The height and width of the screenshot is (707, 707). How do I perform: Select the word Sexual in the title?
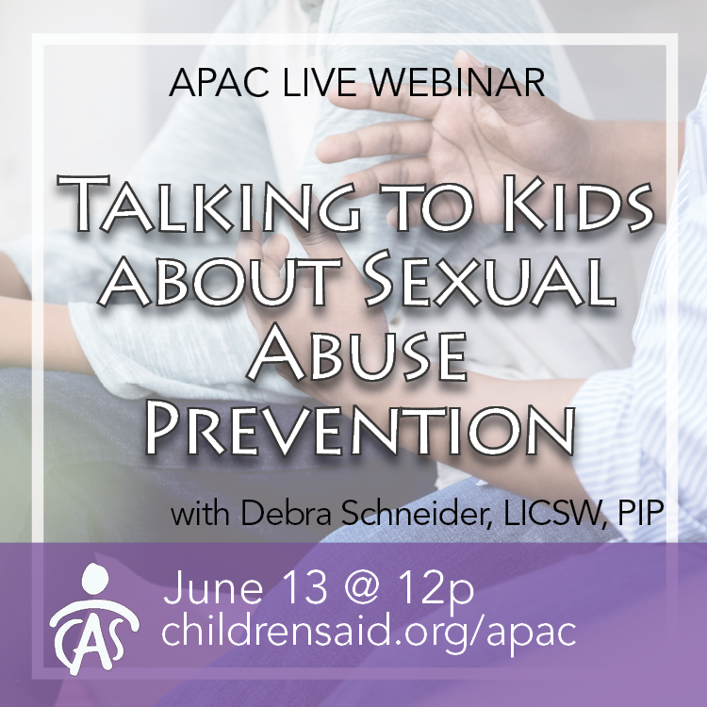click(491, 281)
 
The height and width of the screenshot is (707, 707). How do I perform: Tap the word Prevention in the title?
click(359, 430)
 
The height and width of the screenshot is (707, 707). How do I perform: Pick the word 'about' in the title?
click(219, 281)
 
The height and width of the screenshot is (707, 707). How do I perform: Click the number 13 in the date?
click(304, 587)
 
